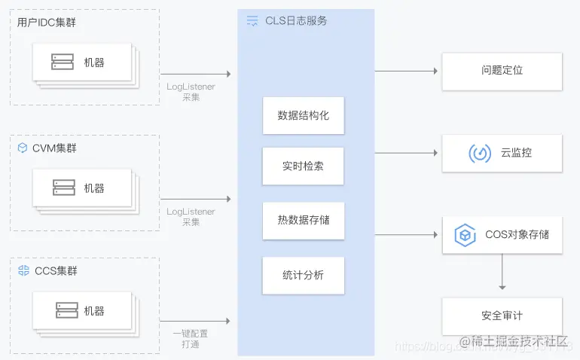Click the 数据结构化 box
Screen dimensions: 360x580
[303, 115]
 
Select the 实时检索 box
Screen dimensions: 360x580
[303, 166]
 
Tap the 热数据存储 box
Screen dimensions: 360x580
[303, 221]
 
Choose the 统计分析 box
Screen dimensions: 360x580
[303, 275]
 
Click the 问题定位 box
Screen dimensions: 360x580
[502, 71]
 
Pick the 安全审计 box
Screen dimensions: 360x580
[502, 316]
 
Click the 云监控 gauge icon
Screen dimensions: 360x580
[480, 153]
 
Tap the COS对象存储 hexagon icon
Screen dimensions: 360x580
[466, 235]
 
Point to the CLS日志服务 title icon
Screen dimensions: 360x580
[252, 21]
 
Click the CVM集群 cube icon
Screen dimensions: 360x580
[22, 148]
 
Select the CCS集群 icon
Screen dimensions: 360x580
[23, 270]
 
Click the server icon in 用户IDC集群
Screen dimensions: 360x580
[63, 63]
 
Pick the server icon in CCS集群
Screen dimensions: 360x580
[66, 310]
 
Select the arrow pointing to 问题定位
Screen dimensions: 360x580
[407, 71]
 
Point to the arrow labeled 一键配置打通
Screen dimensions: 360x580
[195, 321]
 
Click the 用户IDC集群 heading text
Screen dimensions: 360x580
[46, 23]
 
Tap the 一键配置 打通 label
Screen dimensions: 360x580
[190, 338]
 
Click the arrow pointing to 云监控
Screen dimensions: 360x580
[407, 153]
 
